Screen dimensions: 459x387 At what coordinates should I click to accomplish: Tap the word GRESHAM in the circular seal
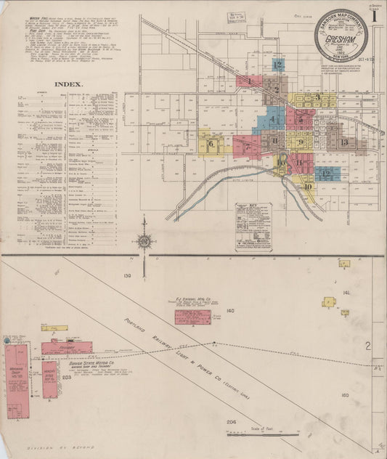(343, 35)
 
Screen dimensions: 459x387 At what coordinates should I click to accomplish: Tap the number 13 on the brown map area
(343, 142)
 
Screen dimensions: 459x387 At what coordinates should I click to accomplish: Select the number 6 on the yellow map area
(211, 144)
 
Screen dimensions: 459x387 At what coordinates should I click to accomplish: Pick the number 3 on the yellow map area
(317, 97)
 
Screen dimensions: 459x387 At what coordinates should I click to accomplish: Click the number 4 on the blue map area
(273, 119)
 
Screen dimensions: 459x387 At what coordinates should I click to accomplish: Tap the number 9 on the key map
(300, 142)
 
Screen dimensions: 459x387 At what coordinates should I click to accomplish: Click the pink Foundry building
(67, 348)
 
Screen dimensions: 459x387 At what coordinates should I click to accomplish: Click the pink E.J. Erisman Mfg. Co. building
(192, 317)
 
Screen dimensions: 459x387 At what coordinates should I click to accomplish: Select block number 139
(129, 276)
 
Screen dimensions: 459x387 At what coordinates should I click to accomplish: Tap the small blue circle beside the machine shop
(7, 339)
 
